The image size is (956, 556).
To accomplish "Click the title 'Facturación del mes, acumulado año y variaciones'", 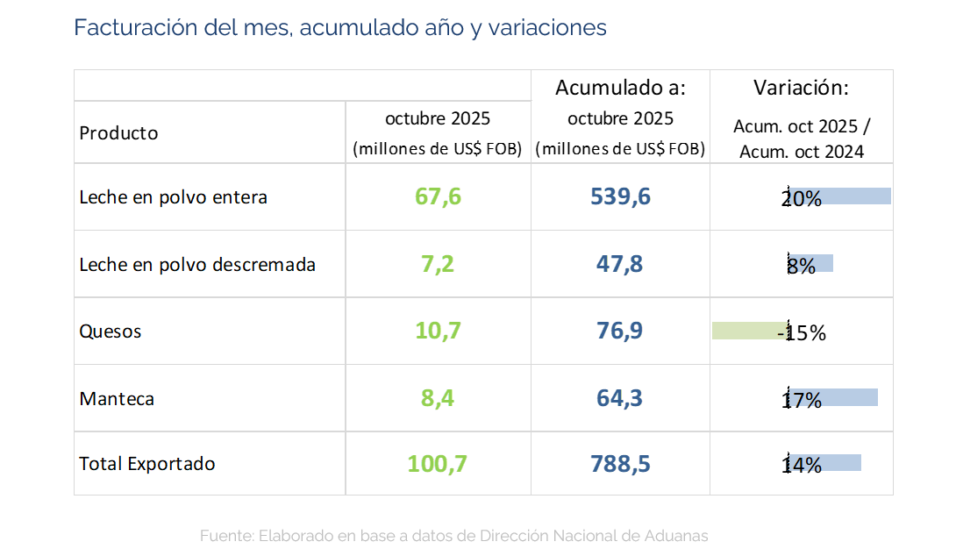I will (x=339, y=27).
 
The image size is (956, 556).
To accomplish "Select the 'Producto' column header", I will (x=118, y=133).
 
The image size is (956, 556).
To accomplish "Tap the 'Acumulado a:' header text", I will (x=620, y=88).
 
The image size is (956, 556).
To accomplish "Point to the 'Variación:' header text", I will (x=801, y=88).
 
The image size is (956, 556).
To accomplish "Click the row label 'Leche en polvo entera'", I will (x=173, y=197).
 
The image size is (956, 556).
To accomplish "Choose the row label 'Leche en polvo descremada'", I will (x=197, y=264).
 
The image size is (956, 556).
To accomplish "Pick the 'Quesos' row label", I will (x=110, y=331).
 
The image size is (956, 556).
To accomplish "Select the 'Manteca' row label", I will (x=117, y=399).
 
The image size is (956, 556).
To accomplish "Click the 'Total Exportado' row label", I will (x=146, y=464).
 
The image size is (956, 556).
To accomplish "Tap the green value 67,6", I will (x=438, y=196).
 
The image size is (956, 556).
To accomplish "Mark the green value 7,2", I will (x=438, y=264).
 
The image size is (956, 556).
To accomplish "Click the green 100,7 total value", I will (x=438, y=464).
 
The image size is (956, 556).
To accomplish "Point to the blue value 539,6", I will (x=620, y=196).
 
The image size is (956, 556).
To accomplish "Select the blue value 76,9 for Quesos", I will (x=620, y=331).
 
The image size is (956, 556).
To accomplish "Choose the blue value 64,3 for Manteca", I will (x=620, y=399).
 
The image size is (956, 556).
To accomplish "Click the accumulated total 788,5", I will (x=620, y=464).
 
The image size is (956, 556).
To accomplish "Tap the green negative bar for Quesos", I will (x=747, y=331).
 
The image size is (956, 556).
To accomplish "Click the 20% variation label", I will (x=801, y=199).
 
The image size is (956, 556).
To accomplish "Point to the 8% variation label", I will (x=801, y=266).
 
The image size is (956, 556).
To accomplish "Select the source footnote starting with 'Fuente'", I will (x=453, y=535).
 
